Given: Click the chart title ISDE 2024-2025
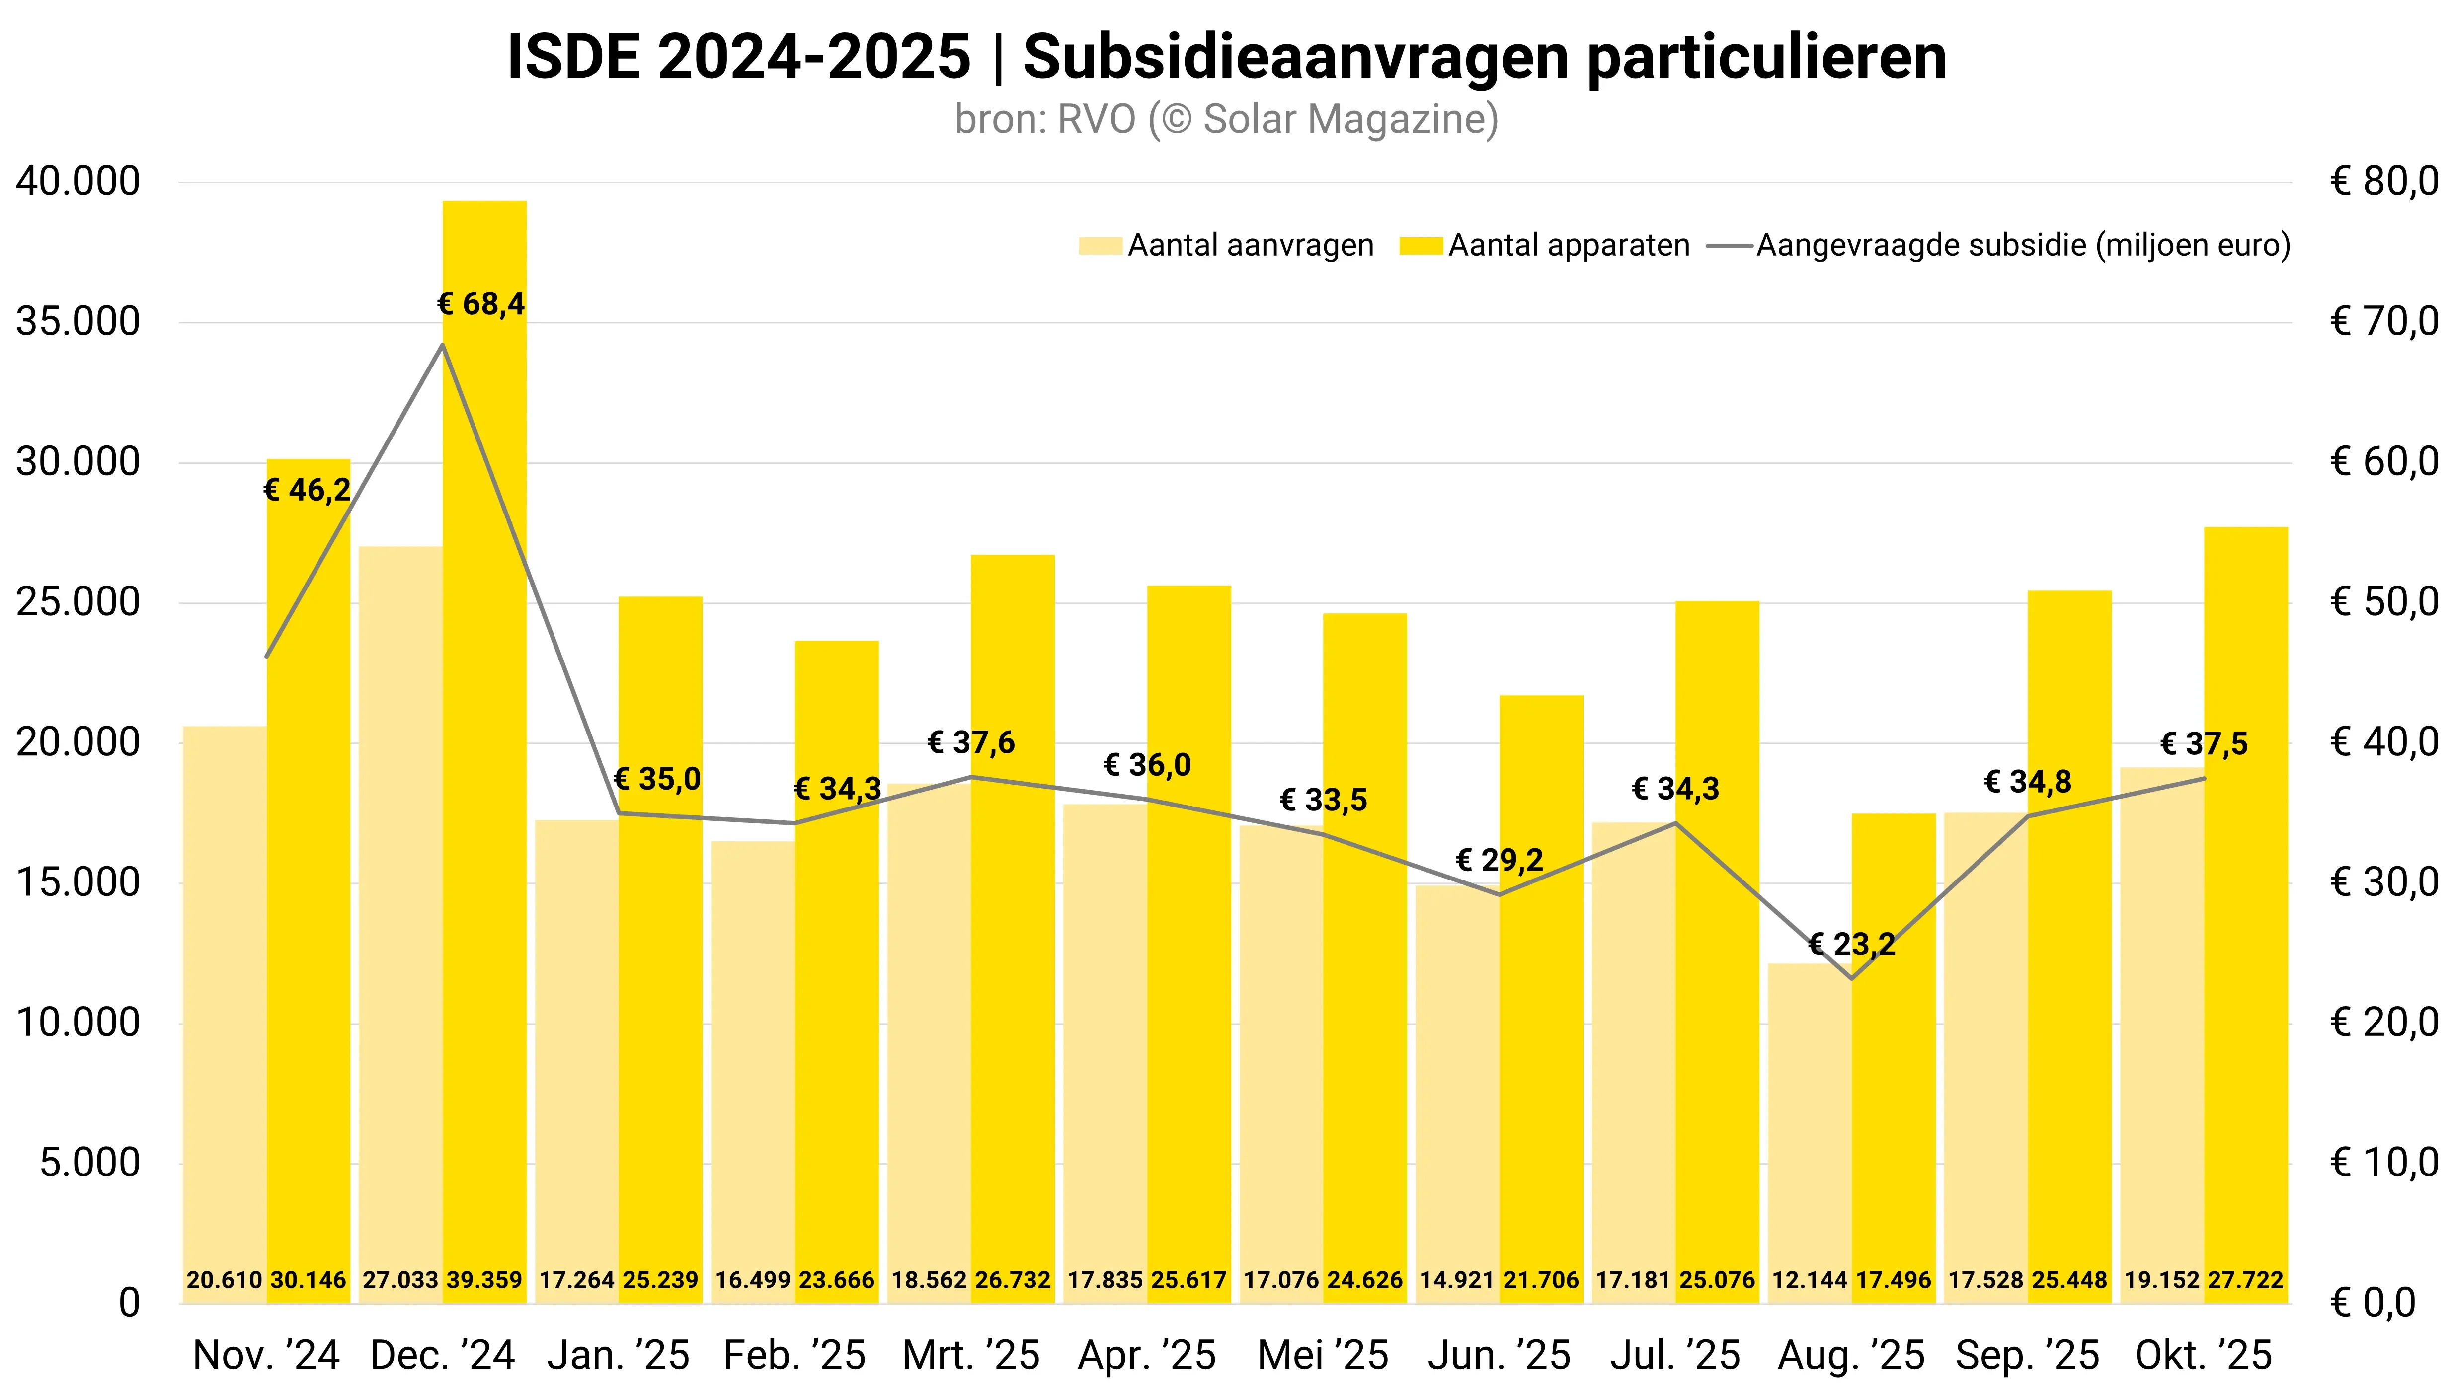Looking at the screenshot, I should tap(1226, 58).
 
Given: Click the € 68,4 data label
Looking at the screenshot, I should tap(481, 304).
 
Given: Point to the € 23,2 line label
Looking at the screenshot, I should tap(1851, 945).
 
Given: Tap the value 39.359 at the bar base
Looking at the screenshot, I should tap(484, 1280).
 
